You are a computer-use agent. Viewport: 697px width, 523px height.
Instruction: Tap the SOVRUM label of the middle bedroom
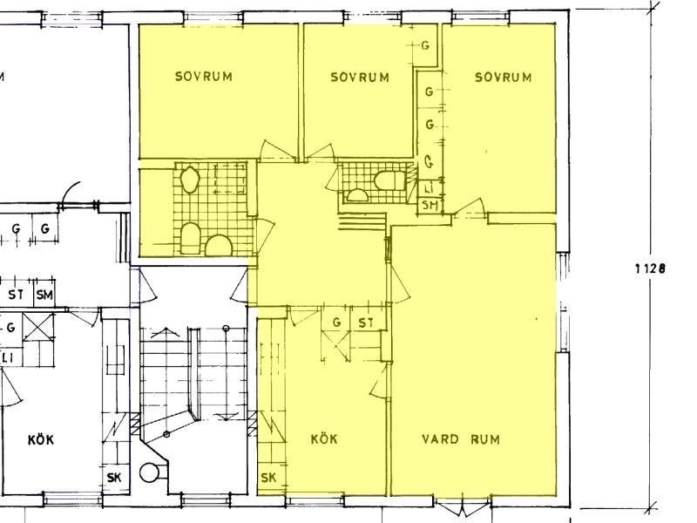click(360, 78)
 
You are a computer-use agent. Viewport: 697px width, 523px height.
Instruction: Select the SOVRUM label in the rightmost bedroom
click(504, 78)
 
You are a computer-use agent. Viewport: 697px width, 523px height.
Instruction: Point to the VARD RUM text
click(461, 439)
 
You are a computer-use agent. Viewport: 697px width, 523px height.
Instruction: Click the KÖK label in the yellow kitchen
click(324, 439)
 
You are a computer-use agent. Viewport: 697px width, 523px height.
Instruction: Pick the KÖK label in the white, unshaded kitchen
click(41, 439)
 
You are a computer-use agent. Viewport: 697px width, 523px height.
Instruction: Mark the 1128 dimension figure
click(650, 268)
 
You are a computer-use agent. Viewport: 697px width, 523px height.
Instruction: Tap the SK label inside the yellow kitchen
click(268, 478)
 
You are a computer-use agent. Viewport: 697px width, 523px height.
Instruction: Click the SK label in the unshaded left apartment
click(114, 478)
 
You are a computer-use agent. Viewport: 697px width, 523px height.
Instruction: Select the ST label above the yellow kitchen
click(366, 323)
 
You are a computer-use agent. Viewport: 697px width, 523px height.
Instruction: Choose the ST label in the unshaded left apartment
click(16, 295)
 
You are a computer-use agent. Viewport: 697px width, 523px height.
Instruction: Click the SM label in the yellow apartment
click(430, 205)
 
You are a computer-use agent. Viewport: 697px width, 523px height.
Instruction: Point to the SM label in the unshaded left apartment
click(44, 295)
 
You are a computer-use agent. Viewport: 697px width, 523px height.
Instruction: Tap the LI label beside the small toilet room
click(429, 188)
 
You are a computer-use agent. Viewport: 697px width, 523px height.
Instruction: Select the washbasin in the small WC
click(356, 195)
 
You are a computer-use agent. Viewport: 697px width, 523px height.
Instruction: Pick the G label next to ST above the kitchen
click(336, 322)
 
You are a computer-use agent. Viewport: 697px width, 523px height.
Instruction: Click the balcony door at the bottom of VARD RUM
click(463, 506)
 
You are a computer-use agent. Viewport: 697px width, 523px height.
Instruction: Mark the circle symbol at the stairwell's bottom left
click(149, 472)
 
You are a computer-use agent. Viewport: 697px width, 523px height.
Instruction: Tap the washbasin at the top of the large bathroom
click(189, 180)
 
